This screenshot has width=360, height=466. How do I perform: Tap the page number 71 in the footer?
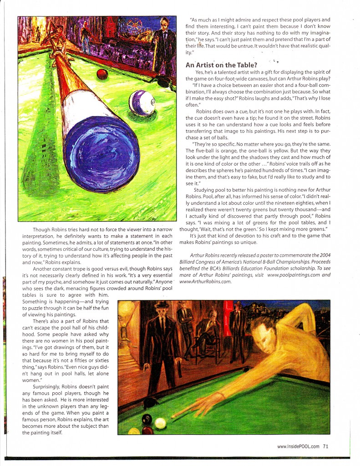[325, 446]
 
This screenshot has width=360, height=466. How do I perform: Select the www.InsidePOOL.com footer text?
[298, 446]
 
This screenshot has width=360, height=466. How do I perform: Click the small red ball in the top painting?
[102, 74]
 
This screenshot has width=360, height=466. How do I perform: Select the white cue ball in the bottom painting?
[160, 423]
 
